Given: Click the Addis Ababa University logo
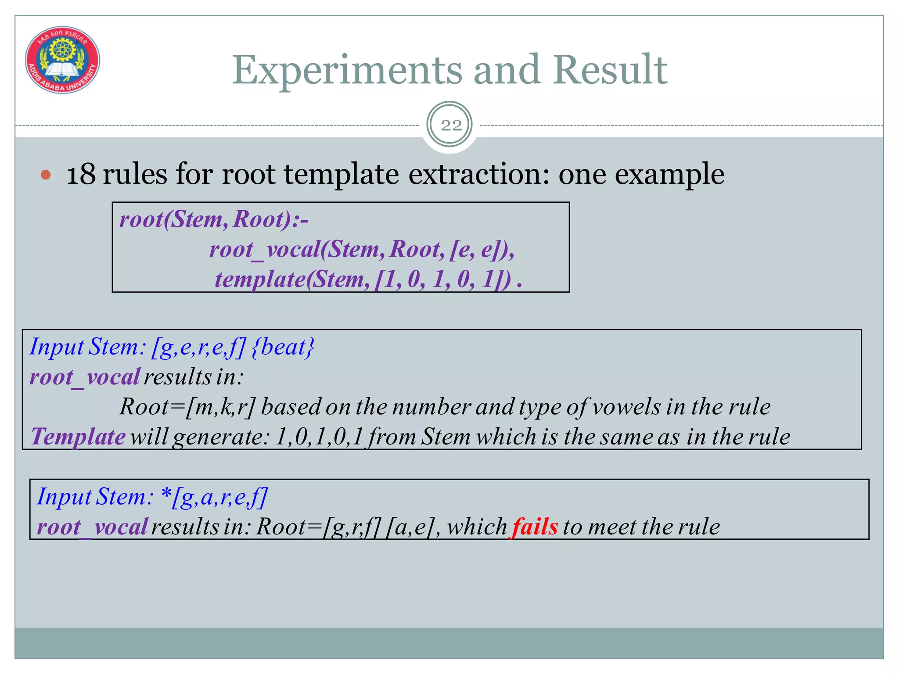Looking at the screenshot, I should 62,60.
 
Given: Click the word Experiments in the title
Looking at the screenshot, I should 347,70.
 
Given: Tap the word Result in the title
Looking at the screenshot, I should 610,70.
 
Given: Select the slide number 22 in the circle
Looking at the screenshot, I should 450,125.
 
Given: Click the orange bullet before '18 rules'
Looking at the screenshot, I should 46,176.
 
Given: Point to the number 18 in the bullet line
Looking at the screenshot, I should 81,174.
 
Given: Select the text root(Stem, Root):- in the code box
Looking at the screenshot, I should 214,219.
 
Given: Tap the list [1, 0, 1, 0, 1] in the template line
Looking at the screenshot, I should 443,280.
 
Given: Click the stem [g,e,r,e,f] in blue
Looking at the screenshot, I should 198,347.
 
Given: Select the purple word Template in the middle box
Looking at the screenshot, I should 78,437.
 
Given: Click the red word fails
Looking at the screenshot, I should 535,527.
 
